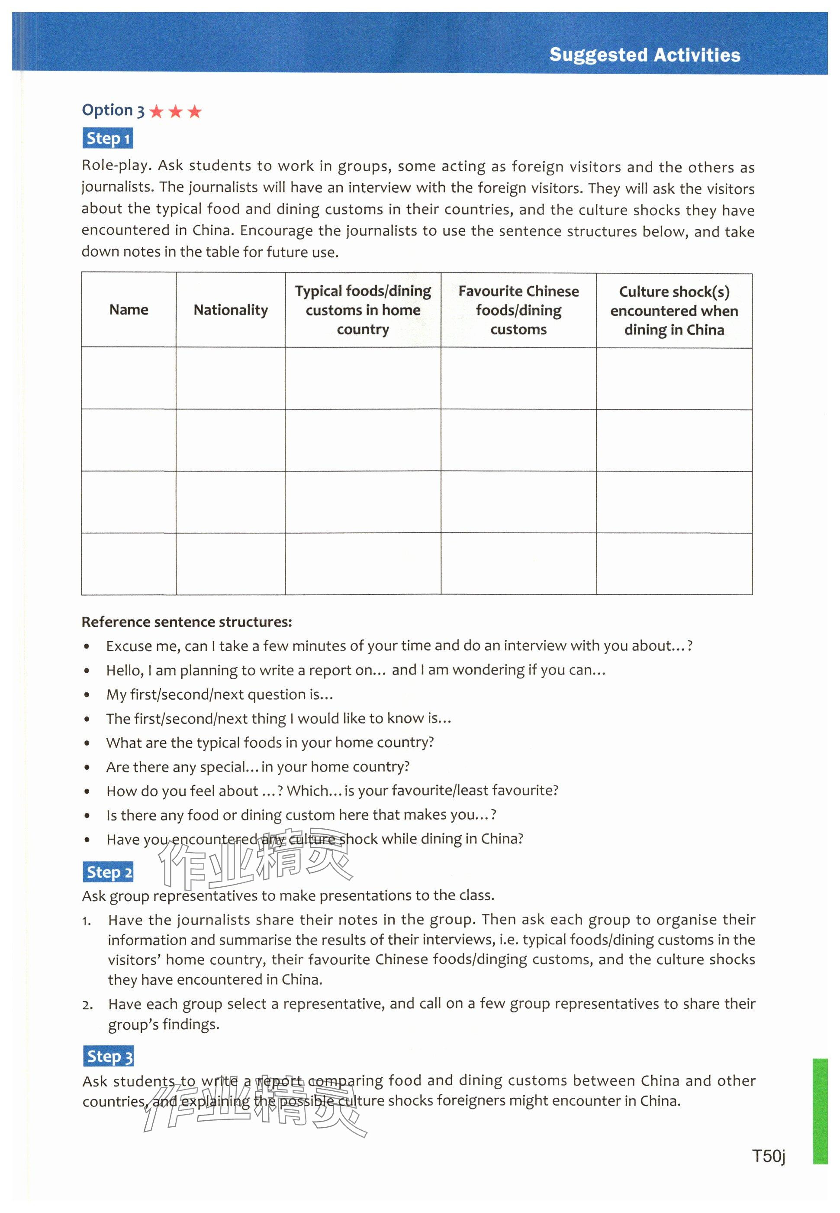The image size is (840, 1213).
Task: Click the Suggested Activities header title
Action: pyautogui.click(x=644, y=55)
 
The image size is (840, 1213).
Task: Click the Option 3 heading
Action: pyautogui.click(x=113, y=110)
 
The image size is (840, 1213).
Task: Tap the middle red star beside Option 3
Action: pyautogui.click(x=175, y=111)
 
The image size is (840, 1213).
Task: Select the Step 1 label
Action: pyautogui.click(x=108, y=139)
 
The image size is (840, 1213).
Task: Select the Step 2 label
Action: pyautogui.click(x=108, y=872)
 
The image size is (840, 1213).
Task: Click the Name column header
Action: pyautogui.click(x=129, y=310)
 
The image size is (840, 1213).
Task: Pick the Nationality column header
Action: pyautogui.click(x=231, y=310)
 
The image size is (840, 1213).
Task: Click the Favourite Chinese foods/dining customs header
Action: pyautogui.click(x=518, y=310)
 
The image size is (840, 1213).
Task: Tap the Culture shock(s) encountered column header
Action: pyautogui.click(x=674, y=311)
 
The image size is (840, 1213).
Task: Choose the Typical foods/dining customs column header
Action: pyautogui.click(x=363, y=310)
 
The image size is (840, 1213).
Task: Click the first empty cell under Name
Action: pyautogui.click(x=129, y=378)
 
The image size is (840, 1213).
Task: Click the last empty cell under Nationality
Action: pyautogui.click(x=231, y=563)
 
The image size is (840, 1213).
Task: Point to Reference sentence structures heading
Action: pyautogui.click(x=187, y=622)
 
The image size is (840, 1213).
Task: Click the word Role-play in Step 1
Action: pyautogui.click(x=116, y=165)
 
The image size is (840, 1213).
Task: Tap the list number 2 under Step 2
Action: pyautogui.click(x=87, y=1005)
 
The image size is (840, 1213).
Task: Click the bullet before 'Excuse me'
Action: pyautogui.click(x=87, y=647)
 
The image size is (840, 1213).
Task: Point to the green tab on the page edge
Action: pyautogui.click(x=820, y=1111)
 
